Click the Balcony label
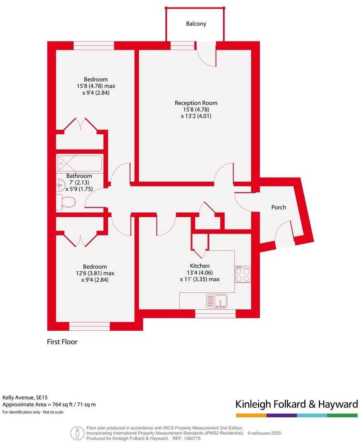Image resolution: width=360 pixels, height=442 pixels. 196,24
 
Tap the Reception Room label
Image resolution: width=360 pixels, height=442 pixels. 196,103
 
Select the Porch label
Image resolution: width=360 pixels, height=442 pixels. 278,207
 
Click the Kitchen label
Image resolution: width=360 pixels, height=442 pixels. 200,266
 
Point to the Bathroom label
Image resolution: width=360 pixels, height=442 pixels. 79,176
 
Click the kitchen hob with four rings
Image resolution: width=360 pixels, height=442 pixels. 243,274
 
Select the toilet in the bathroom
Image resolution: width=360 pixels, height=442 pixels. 66,202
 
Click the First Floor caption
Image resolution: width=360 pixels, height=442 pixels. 62,342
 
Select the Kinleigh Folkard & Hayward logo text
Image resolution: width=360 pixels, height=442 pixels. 296,404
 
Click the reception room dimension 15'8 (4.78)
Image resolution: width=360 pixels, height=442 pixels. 196,110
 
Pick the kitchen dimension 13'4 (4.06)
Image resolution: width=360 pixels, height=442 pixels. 200,272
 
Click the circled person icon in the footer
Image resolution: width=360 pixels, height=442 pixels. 77,433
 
